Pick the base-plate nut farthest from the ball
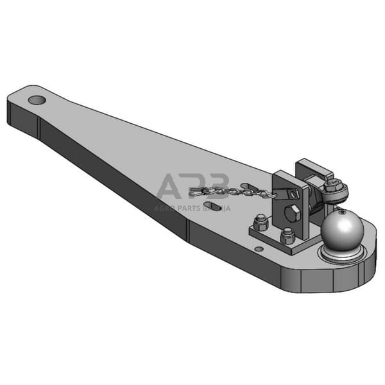pyautogui.click(x=261, y=224)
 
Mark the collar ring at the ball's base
pyautogui.click(x=340, y=255)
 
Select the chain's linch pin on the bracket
pyautogui.click(x=293, y=193)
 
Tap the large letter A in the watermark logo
pyautogui.click(x=171, y=186)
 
